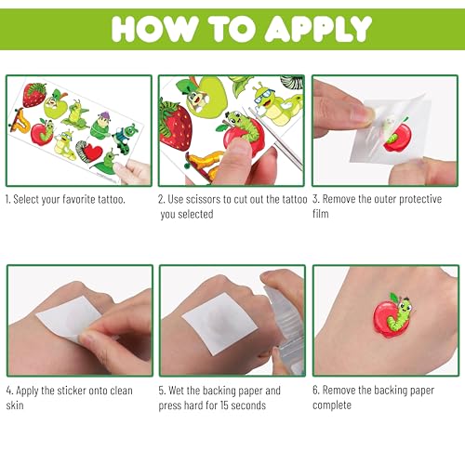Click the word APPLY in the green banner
tap(319, 29)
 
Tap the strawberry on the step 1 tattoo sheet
tap(34, 95)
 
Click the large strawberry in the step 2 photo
tap(175, 126)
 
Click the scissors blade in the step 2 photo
tap(277, 139)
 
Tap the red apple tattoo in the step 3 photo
tap(398, 137)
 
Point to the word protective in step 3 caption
tap(420, 199)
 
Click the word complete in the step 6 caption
tap(332, 405)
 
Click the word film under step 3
tap(321, 214)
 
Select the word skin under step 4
tap(15, 405)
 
